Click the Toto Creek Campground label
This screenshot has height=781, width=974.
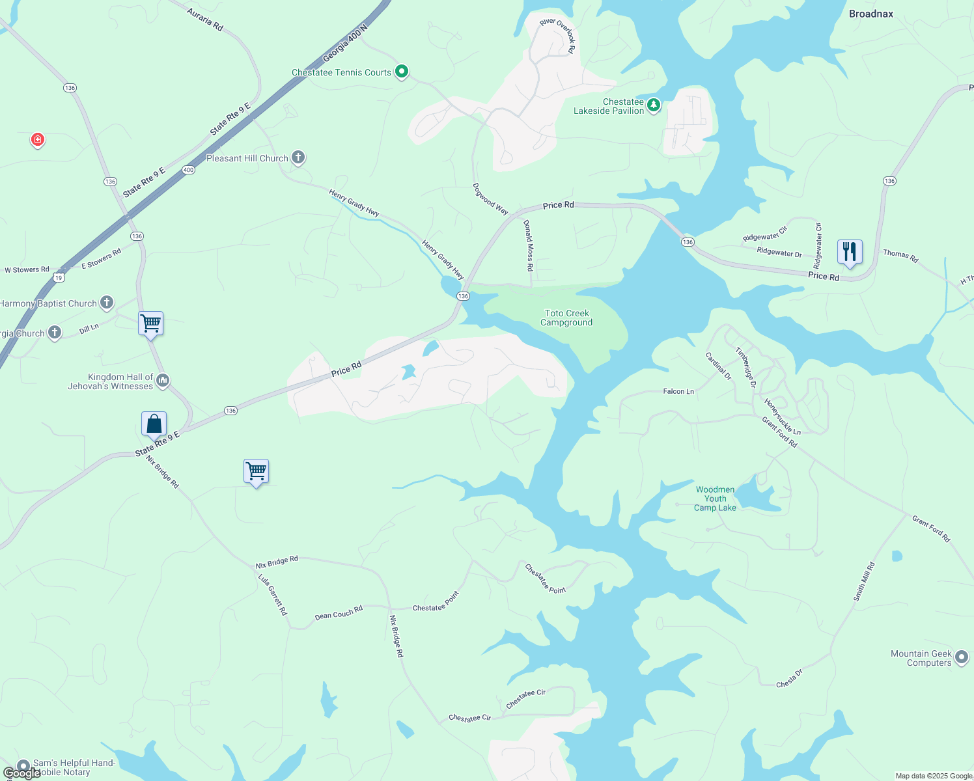point(567,318)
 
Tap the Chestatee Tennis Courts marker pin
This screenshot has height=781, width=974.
point(402,71)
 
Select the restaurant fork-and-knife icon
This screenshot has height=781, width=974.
point(850,252)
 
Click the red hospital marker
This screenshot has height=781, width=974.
point(38,139)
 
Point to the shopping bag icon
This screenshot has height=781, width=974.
point(154,424)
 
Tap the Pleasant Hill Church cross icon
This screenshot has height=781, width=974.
point(298,157)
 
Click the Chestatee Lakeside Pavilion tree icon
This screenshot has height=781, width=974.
point(654,105)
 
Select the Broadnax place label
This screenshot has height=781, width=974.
point(870,14)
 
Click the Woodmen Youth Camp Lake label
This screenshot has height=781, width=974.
point(715,499)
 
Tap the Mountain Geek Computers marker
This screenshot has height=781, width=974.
point(962,658)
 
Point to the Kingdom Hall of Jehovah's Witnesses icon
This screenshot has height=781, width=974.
point(163,380)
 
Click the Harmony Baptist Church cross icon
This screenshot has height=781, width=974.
point(107,303)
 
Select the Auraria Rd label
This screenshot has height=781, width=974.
point(205,20)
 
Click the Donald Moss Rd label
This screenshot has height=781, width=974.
point(529,245)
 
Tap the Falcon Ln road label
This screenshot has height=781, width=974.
point(678,391)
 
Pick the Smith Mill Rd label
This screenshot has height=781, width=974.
point(865,582)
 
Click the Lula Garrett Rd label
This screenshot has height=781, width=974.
point(272,594)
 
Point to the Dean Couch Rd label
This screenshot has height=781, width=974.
point(339,613)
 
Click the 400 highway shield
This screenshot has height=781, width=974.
point(188,170)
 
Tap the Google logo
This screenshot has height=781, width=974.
point(22,773)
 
